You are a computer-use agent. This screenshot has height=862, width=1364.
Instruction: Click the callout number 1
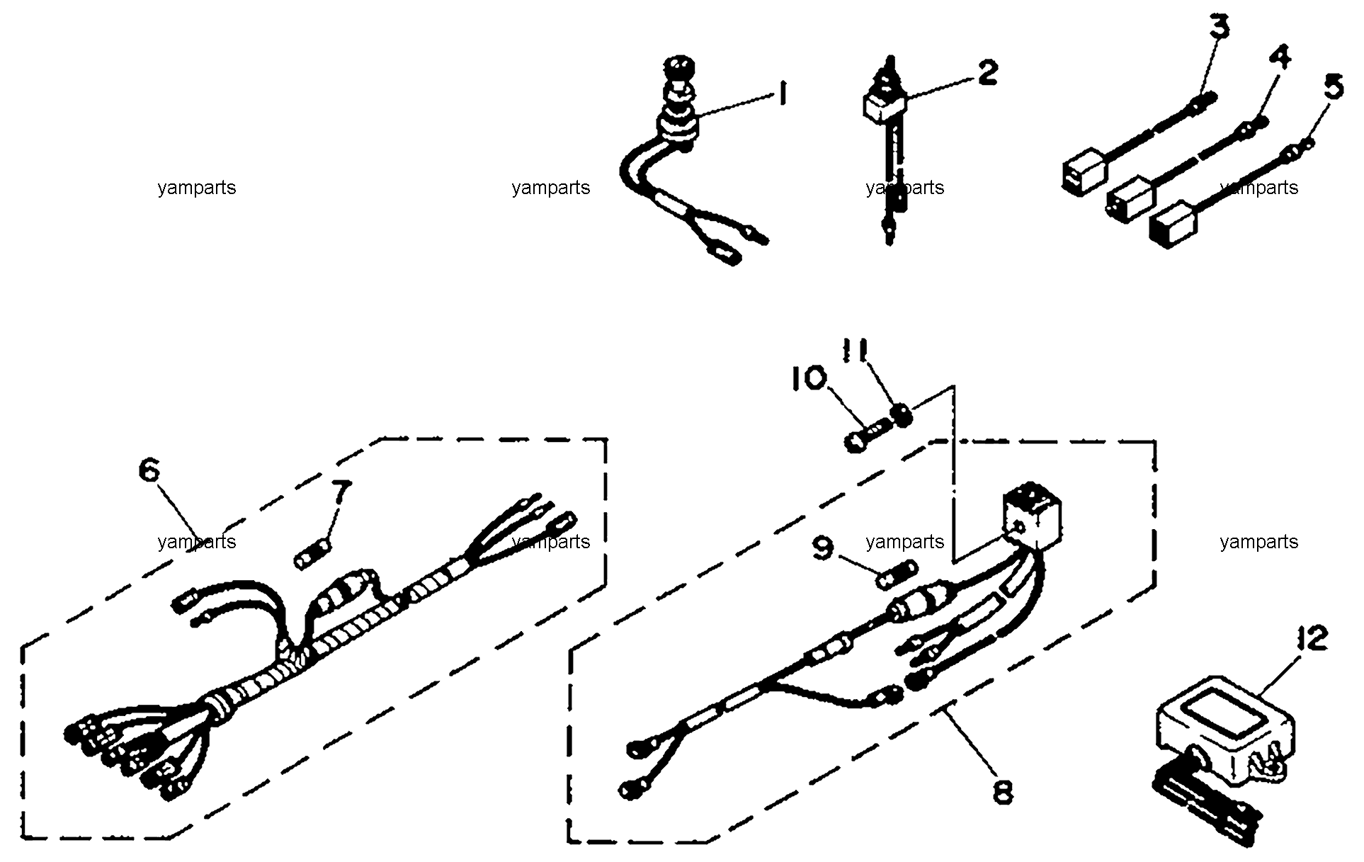[x=782, y=93]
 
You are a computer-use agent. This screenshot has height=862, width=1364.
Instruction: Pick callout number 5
[x=1332, y=88]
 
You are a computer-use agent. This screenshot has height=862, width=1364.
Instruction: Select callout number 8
[x=1001, y=790]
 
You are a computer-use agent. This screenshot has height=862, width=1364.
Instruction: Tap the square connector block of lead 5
[x=1173, y=225]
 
